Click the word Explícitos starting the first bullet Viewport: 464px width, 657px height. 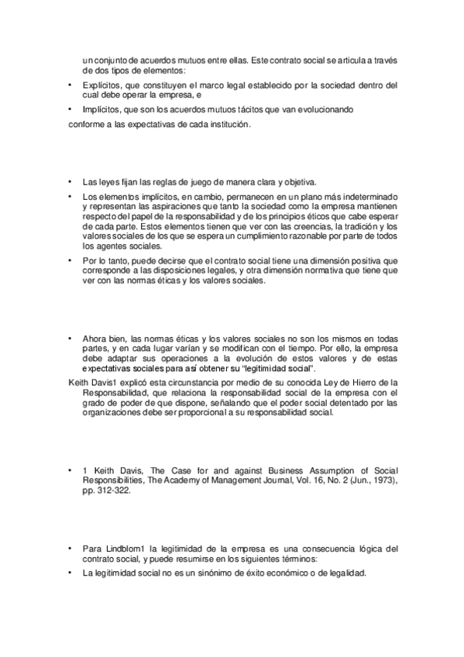pos(99,84)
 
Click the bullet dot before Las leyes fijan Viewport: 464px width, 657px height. pos(70,181)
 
